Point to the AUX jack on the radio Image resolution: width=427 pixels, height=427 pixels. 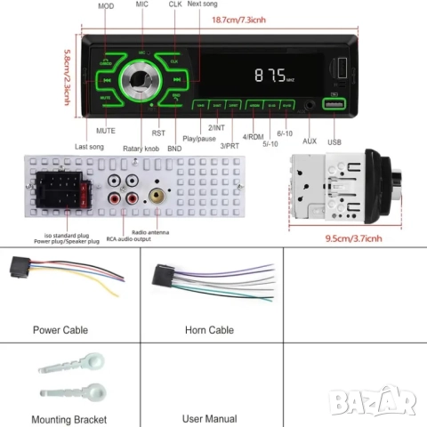coord(310,105)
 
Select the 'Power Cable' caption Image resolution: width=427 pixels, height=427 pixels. coord(60,329)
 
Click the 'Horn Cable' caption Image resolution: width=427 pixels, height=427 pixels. coord(210,329)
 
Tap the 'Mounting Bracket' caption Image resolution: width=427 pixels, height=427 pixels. coord(68,418)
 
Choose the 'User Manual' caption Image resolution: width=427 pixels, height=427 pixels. coord(210,418)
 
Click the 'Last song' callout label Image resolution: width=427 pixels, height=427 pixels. coord(90,147)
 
